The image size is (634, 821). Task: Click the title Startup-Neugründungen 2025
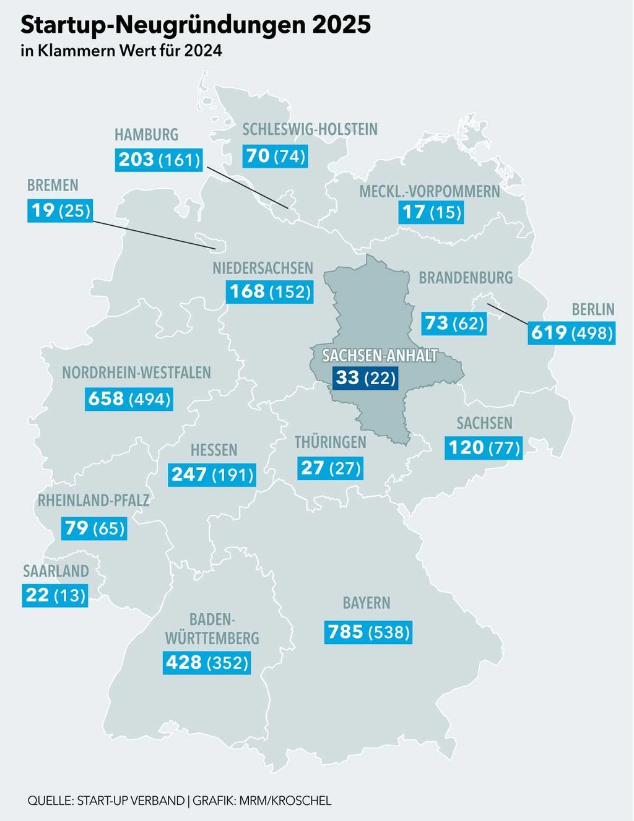(x=196, y=25)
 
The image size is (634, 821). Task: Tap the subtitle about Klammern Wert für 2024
(x=121, y=51)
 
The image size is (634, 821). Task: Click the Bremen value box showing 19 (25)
(x=59, y=211)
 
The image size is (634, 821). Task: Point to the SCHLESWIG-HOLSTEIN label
(x=310, y=129)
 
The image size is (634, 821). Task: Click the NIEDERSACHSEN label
(x=263, y=269)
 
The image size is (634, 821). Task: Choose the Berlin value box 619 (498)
(x=572, y=333)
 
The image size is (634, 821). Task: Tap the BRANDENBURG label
(x=466, y=278)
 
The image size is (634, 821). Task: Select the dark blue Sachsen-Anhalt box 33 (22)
(x=365, y=377)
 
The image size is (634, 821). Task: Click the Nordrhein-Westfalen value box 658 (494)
(x=129, y=399)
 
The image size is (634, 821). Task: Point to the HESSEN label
(x=214, y=450)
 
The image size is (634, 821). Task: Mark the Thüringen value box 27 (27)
(x=330, y=468)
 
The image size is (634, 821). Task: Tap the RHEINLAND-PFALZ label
(x=93, y=501)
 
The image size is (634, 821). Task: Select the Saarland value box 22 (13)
(x=55, y=595)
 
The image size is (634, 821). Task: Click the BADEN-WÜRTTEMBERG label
(x=212, y=629)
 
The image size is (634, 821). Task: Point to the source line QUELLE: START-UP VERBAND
(x=106, y=801)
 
